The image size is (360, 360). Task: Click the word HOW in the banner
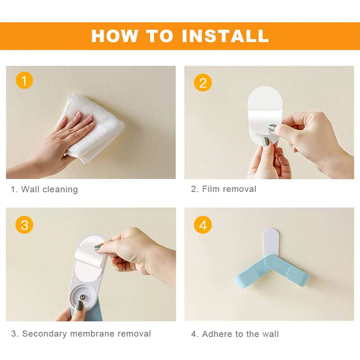[x=112, y=35]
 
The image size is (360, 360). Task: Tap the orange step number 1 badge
[x=24, y=81]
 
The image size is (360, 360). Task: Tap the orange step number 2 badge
[x=202, y=83]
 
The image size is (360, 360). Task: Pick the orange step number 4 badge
[x=202, y=225]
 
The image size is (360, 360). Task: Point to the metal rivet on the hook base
[x=84, y=297]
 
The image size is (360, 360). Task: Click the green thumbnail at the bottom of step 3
[x=80, y=306]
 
